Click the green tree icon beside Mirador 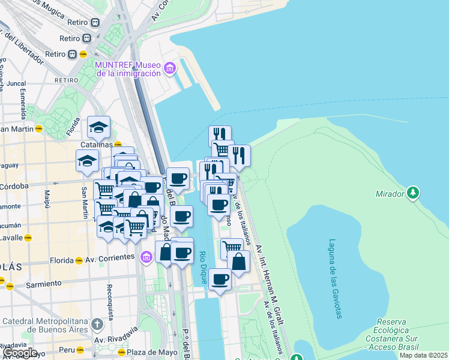(413, 193)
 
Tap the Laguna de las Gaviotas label (333, 279)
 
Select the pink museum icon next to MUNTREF (170, 69)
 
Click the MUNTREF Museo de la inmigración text (128, 69)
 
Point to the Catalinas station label (97, 145)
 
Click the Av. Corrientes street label (110, 257)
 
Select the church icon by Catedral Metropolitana (97, 325)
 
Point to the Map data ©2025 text (423, 355)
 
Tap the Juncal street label (16, 84)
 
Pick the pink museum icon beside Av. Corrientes (145, 257)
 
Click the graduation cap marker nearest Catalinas (98, 127)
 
